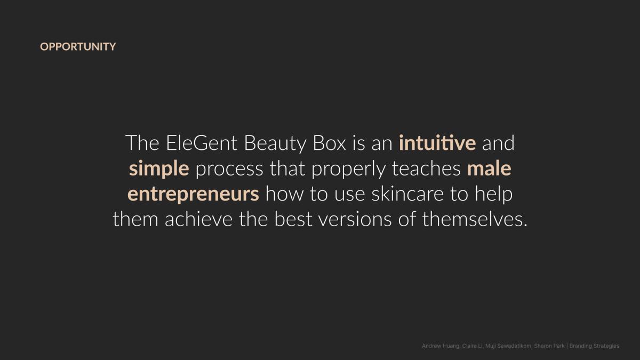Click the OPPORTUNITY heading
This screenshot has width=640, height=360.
(78, 46)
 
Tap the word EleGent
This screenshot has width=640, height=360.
(202, 143)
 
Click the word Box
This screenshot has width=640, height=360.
(330, 143)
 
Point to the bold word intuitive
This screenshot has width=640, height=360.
(437, 143)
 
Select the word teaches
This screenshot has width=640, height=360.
(426, 169)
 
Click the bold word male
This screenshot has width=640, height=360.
(489, 169)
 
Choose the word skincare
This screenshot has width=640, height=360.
(407, 194)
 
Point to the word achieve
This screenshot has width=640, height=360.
(198, 219)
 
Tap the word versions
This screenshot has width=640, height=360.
(355, 219)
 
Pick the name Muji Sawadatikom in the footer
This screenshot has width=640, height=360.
(508, 346)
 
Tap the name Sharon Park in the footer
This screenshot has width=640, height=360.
(549, 346)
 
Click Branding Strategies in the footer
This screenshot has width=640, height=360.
(594, 346)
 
